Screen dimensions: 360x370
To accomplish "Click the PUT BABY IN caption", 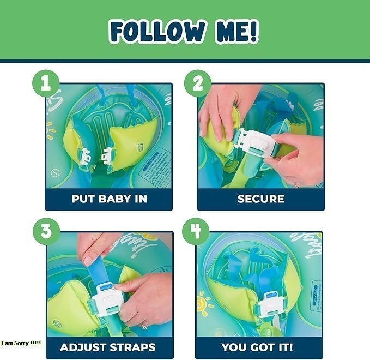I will coord(109,199).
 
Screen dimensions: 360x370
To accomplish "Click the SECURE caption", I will coord(260,199).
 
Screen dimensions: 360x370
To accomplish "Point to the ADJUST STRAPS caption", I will coord(108,347).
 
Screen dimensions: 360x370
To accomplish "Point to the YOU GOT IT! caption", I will coord(257,347).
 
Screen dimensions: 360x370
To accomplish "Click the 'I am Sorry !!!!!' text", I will coord(21,343).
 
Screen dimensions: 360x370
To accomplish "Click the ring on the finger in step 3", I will coord(144,325).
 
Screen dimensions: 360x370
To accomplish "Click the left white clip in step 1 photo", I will coord(86,156).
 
